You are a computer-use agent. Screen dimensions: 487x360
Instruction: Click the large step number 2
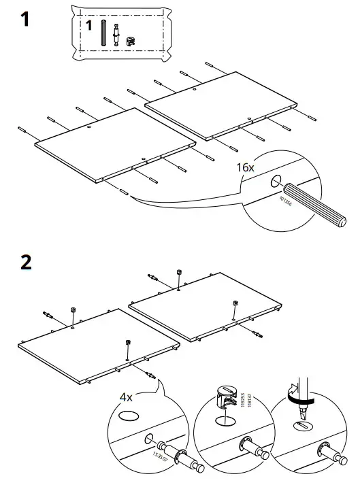[x=27, y=263]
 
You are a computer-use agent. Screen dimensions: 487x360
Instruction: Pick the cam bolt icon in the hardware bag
[x=117, y=35]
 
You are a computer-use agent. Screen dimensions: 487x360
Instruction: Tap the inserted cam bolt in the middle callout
[x=249, y=450]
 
